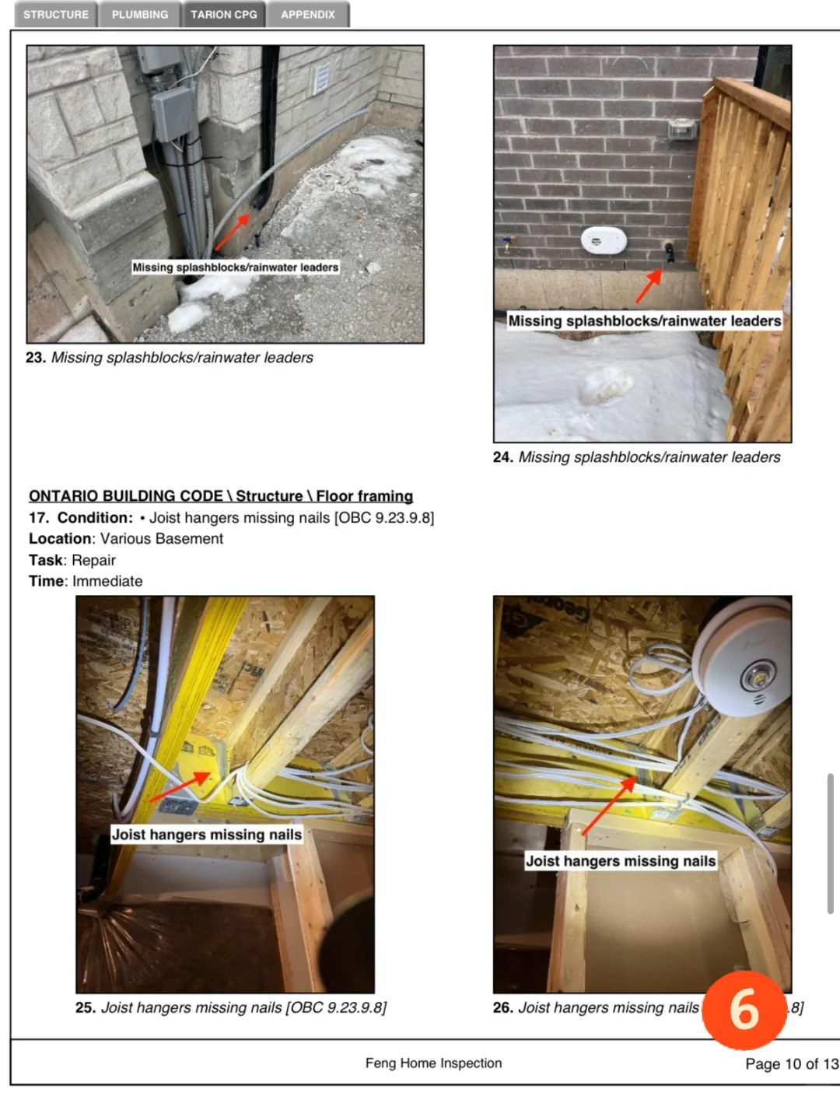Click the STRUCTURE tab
click(x=56, y=14)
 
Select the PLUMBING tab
click(x=140, y=14)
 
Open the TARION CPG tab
click(x=223, y=14)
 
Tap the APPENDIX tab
click(x=307, y=14)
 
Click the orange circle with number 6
click(x=744, y=1010)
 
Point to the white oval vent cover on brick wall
click(x=604, y=240)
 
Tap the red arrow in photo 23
click(x=232, y=232)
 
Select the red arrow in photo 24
click(x=649, y=285)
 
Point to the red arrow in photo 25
click(x=180, y=786)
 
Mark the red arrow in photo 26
click(x=609, y=806)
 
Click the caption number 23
click(x=36, y=357)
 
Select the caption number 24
click(x=503, y=457)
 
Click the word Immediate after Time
click(x=107, y=581)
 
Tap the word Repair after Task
click(x=93, y=560)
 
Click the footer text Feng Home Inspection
click(x=433, y=1063)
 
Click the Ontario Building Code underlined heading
click(x=221, y=496)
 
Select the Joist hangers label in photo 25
click(x=206, y=834)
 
